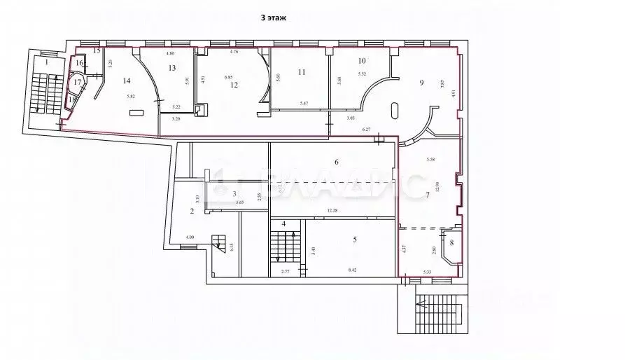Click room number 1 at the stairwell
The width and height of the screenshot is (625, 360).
(x=46, y=62)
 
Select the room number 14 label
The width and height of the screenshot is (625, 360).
(x=127, y=81)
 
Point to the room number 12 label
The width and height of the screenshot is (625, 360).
(x=234, y=85)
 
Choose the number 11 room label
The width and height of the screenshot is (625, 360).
(x=302, y=72)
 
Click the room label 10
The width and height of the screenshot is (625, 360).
(x=362, y=61)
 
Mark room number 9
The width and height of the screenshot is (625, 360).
(x=421, y=82)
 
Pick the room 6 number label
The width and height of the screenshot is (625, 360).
(x=336, y=162)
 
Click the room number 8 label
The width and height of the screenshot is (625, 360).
(x=451, y=243)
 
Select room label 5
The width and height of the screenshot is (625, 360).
(x=355, y=240)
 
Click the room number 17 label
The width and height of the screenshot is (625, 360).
(x=78, y=83)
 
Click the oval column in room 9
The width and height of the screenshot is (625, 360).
(x=396, y=112)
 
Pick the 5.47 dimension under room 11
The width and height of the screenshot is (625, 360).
(x=304, y=104)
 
